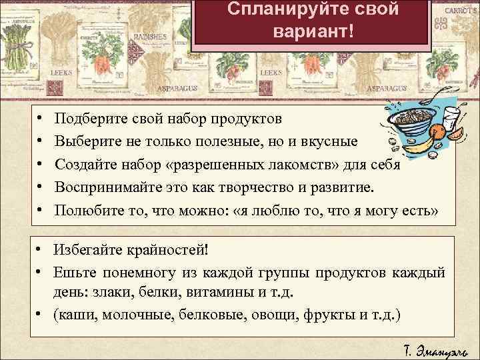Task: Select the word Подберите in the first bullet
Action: coord(87,119)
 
